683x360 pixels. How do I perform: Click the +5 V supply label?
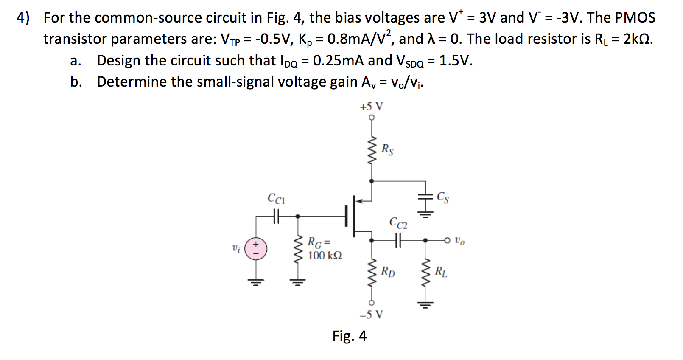coord(371,106)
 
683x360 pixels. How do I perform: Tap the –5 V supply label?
coord(371,315)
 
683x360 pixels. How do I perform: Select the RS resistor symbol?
coord(372,151)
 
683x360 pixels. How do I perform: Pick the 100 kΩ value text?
coord(325,256)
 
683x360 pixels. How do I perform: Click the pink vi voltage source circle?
coord(256,249)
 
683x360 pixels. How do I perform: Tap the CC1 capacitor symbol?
coord(276,217)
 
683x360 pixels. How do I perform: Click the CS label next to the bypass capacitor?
coord(442,197)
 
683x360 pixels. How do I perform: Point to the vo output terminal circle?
coord(447,241)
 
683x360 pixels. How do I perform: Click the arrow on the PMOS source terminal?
coord(358,200)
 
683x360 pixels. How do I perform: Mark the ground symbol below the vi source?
coord(256,281)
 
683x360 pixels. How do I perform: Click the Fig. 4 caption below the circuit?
coord(349,336)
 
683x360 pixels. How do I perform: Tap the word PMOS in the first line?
coord(635,17)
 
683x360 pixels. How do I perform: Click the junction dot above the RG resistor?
coord(298,217)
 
